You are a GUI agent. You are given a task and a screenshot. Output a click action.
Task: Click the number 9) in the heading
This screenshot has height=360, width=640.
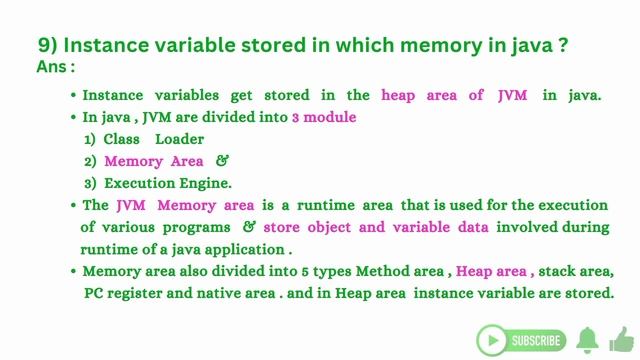(x=50, y=46)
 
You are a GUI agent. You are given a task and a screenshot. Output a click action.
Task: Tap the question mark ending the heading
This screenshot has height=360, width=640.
(x=577, y=46)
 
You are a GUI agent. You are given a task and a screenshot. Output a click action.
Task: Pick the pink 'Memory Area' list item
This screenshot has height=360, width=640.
(x=153, y=161)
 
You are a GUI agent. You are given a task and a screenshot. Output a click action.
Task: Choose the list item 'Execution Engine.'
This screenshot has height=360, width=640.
(x=167, y=183)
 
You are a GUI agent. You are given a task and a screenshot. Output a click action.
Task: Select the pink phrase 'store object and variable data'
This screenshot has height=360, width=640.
(x=375, y=227)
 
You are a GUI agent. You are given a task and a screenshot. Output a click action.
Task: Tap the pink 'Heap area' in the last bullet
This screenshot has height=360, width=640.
(x=491, y=272)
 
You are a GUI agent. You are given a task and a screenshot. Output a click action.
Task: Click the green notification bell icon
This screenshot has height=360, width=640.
(x=587, y=339)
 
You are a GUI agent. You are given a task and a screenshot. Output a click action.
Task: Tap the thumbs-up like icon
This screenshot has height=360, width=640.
(x=621, y=339)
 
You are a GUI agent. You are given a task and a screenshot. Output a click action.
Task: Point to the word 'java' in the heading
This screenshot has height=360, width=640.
(x=545, y=46)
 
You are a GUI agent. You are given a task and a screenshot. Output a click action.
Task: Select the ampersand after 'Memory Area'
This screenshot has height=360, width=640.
(x=222, y=161)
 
